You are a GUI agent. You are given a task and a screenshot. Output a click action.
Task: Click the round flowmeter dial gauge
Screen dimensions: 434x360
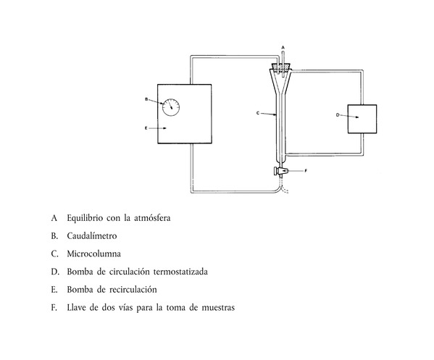point(171,107)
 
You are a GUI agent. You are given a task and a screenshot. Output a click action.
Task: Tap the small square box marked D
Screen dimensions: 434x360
point(362,119)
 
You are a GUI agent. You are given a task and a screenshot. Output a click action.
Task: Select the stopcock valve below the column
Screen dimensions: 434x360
point(280,171)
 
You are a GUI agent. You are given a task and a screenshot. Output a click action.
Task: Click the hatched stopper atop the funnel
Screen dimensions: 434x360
point(281,67)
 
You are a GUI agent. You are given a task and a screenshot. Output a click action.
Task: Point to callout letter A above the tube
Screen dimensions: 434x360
point(283,47)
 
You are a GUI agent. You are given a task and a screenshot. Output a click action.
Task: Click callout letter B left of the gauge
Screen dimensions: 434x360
point(146,99)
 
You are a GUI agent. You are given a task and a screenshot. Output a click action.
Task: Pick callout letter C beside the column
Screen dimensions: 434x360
point(258,113)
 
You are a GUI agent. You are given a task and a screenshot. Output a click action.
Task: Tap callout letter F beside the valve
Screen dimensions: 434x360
point(306,171)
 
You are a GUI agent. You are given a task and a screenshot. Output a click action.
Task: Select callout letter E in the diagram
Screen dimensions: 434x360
point(146,127)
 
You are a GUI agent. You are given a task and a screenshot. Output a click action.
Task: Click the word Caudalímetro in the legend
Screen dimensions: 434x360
point(92,235)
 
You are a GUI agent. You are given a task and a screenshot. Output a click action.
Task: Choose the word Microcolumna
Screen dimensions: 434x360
point(94,254)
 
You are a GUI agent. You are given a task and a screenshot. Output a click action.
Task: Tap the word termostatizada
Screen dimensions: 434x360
point(180,272)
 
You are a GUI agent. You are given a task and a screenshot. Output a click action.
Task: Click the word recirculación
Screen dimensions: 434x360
point(133,290)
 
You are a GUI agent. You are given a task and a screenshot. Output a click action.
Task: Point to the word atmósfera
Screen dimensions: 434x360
point(152,218)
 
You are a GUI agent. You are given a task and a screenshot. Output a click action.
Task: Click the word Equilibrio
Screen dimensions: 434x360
point(85,218)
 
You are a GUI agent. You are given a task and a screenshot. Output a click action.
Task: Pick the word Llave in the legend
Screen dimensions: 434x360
point(76,307)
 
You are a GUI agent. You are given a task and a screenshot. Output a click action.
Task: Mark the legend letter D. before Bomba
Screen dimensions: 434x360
point(55,272)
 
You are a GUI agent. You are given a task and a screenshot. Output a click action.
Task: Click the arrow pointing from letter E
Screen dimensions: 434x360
point(157,128)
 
